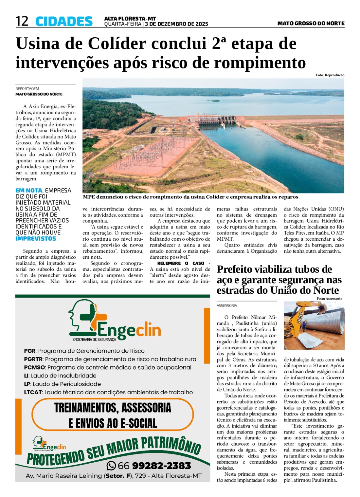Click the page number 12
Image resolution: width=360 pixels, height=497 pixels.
22,21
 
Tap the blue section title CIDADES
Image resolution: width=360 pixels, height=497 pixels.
64,22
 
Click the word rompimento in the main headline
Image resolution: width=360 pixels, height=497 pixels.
260,63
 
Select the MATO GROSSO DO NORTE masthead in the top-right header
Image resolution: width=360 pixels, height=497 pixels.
311,23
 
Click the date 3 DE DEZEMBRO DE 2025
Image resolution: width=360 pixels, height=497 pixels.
176,24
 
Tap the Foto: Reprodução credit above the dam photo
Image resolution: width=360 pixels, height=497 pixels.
330,75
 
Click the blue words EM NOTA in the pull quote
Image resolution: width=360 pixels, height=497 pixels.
29,190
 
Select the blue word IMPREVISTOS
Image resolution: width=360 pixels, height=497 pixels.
36,239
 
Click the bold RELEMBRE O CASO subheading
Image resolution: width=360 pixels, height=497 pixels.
181,263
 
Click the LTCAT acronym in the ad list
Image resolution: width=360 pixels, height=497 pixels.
33,392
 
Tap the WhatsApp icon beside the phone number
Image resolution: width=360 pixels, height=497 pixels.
111,465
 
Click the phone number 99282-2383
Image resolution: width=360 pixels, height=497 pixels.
161,465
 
